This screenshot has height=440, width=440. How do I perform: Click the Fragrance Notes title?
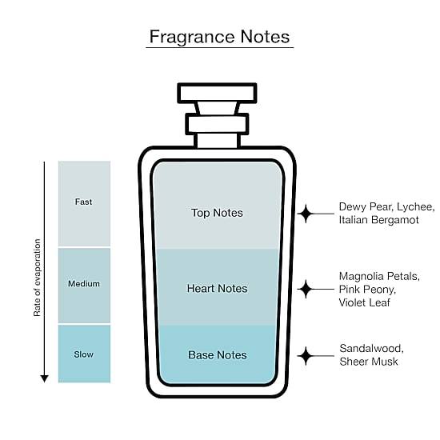tap(219, 37)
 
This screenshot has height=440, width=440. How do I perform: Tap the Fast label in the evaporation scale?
tap(83, 202)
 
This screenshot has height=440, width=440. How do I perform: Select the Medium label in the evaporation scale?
tap(84, 283)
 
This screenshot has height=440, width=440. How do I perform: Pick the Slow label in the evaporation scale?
tap(84, 354)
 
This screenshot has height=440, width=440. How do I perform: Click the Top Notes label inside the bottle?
tap(217, 213)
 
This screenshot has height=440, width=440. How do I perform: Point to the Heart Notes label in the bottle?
tap(217, 288)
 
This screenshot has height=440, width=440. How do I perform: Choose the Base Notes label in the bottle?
tap(218, 354)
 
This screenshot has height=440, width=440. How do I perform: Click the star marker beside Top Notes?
tap(306, 214)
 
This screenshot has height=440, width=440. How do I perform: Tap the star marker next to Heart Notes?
tap(306, 289)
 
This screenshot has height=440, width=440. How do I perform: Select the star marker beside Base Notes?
tap(306, 356)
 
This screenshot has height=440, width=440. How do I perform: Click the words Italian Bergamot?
tap(379, 220)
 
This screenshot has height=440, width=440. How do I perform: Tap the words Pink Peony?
tap(367, 290)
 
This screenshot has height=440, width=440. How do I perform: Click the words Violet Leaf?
tap(365, 302)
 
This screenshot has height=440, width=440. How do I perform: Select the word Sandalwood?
tap(371, 349)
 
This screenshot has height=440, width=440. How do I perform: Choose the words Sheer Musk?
tap(369, 362)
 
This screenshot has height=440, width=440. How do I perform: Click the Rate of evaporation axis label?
tap(37, 278)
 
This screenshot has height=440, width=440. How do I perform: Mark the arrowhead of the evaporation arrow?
tap(44, 378)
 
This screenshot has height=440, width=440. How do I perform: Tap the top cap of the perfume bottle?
tap(217, 93)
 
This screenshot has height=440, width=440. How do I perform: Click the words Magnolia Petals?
tap(379, 277)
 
